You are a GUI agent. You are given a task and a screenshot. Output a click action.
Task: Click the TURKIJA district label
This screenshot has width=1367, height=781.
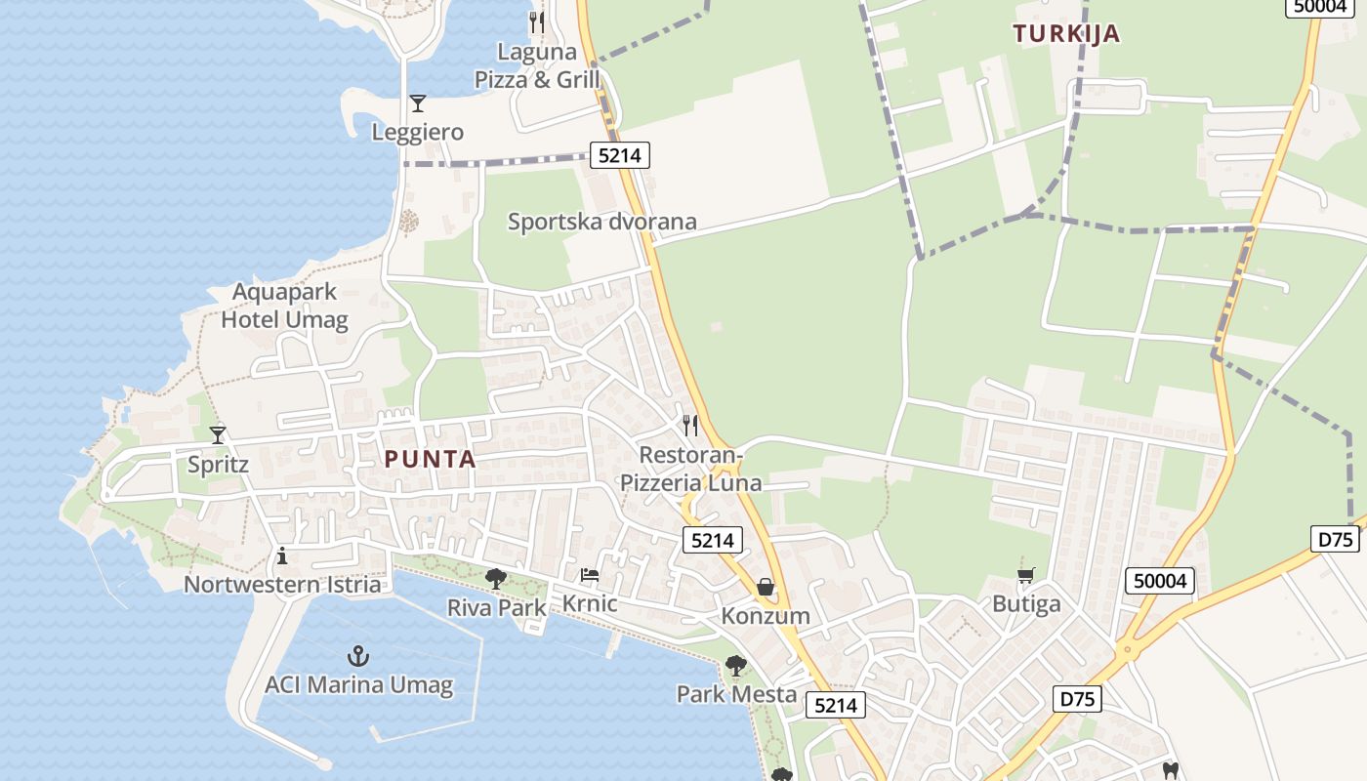[x=1066, y=34]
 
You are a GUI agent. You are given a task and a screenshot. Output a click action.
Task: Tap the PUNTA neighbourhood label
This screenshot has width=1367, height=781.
[x=430, y=459]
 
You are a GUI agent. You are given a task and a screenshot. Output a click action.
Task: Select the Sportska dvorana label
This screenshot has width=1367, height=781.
[x=601, y=222]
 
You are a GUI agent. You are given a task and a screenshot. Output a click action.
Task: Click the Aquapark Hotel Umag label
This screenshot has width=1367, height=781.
[x=284, y=306]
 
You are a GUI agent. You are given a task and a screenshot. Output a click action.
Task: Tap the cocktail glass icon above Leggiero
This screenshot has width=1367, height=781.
[x=418, y=103]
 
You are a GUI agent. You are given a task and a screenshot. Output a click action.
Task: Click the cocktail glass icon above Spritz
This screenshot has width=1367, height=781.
[x=218, y=435]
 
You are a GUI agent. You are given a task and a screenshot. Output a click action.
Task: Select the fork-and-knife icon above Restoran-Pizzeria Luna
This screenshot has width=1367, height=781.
[x=690, y=425]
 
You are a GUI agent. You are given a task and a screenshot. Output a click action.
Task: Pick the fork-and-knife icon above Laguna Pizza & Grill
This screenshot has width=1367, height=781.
[x=536, y=21]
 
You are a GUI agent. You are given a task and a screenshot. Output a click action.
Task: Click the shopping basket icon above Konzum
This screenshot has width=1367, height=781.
[x=766, y=587]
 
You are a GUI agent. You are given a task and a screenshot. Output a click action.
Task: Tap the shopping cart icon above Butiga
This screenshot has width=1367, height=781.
[x=1025, y=575]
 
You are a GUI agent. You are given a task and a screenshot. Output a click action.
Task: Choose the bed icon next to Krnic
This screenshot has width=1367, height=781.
[x=589, y=575]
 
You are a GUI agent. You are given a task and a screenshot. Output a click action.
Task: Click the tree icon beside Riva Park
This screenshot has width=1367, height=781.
[x=496, y=578]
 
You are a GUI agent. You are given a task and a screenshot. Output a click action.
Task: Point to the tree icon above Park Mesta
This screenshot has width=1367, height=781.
[x=736, y=666]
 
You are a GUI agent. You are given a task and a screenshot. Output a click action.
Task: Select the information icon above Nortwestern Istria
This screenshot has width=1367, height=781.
[x=282, y=556]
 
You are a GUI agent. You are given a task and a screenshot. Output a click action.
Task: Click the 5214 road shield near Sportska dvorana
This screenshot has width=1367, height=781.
[x=619, y=154]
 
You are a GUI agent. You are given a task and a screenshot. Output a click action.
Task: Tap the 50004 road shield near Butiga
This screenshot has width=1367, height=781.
[x=1160, y=582]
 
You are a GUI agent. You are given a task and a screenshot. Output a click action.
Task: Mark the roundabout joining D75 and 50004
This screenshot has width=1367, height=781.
[x=1127, y=647]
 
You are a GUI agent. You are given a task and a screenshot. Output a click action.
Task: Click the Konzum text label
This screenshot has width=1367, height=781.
[x=766, y=616]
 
